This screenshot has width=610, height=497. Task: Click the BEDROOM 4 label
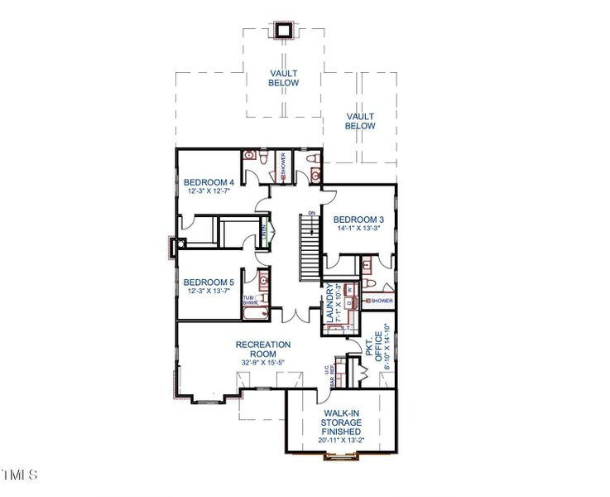(209, 182)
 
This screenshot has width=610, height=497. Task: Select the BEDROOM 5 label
(209, 281)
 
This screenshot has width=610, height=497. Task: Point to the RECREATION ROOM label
(263, 349)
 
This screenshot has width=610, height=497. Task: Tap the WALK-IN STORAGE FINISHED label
(341, 422)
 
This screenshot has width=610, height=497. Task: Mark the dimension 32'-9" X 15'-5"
(263, 363)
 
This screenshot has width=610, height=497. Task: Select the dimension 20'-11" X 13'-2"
(341, 441)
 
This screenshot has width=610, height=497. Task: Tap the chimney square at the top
(284, 30)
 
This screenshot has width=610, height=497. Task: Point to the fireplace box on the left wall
(172, 246)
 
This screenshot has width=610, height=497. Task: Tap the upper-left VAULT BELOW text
(283, 78)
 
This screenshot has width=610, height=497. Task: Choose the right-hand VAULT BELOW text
(361, 121)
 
